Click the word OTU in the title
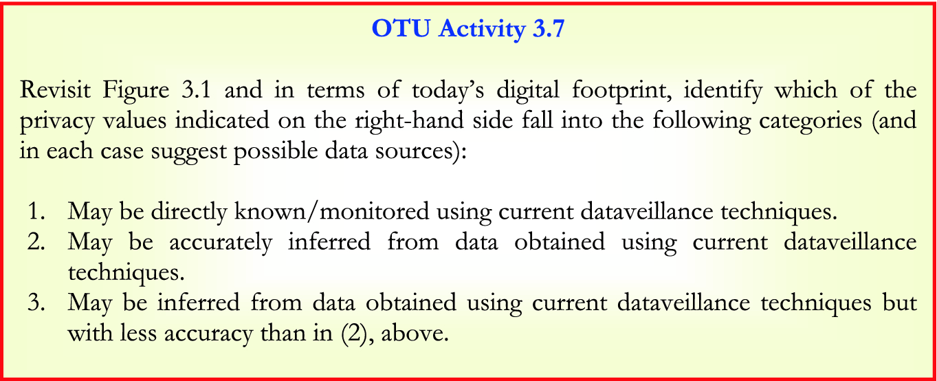401,28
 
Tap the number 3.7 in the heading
549,28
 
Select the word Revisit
55,89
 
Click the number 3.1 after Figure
196,89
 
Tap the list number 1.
36,211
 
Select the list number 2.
36,241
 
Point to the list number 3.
36,303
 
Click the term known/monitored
332,211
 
